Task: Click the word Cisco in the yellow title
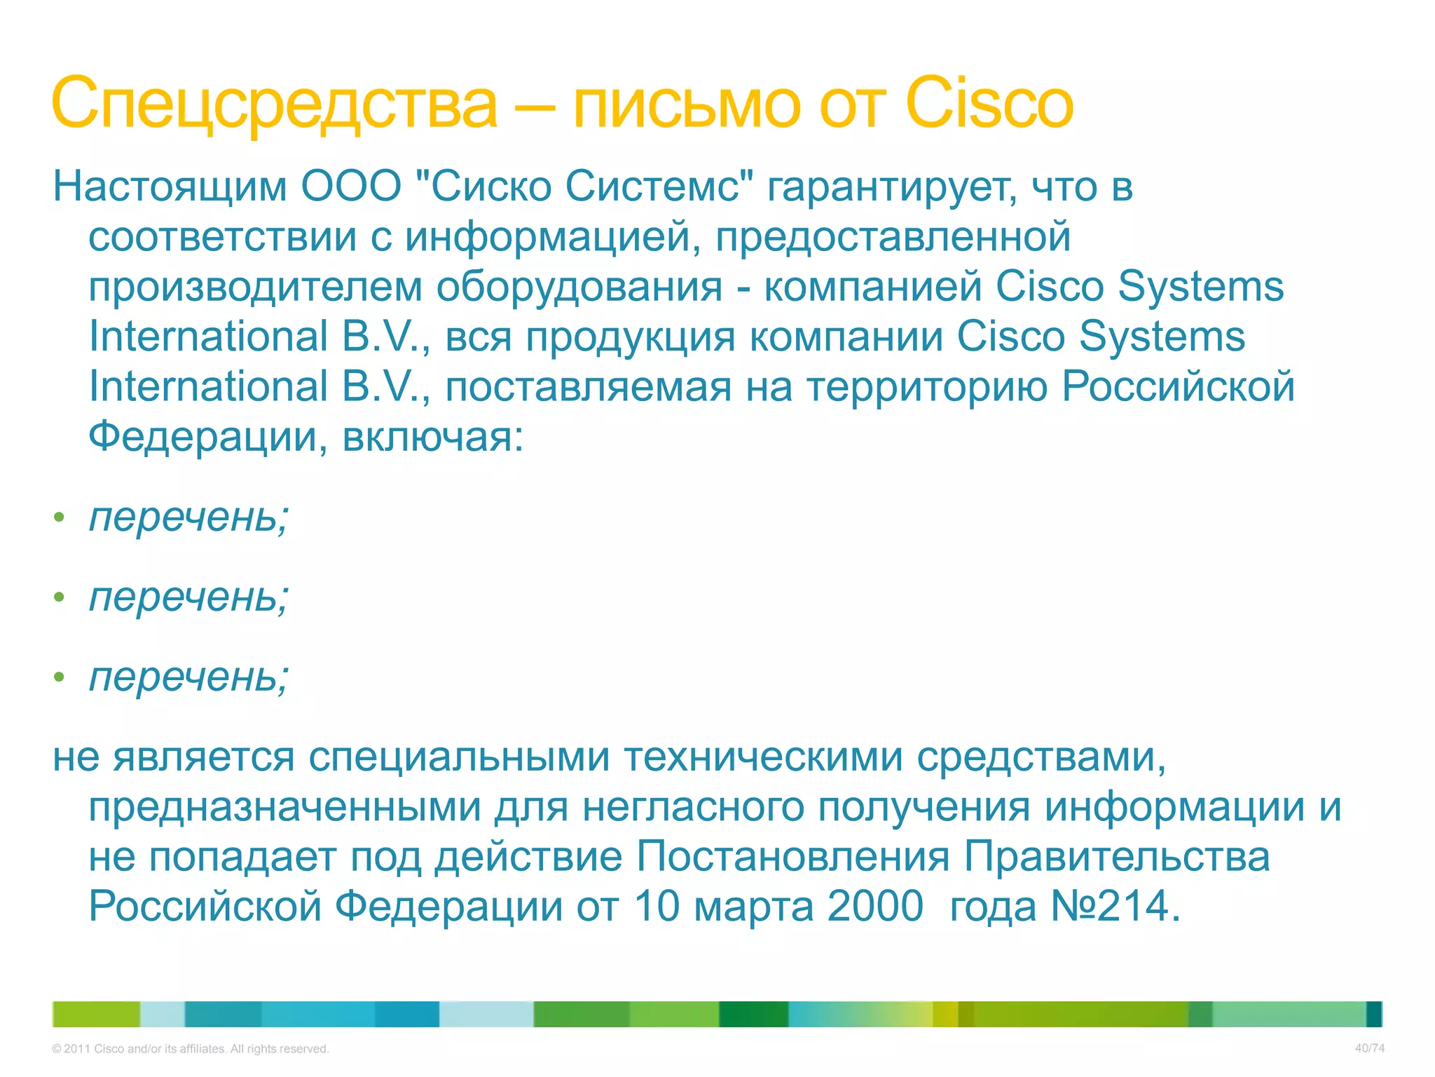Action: click(989, 104)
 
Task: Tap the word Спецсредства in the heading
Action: click(274, 104)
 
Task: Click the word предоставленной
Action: click(893, 237)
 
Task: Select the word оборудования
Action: click(579, 287)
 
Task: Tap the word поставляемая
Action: click(588, 387)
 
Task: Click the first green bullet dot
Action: click(60, 518)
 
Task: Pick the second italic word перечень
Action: click(188, 597)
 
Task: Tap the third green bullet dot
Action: click(60, 677)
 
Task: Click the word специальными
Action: click(459, 758)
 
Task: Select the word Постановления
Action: click(793, 858)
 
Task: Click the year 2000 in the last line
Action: click(875, 907)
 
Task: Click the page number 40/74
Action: click(1369, 1048)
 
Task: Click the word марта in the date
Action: click(753, 907)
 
